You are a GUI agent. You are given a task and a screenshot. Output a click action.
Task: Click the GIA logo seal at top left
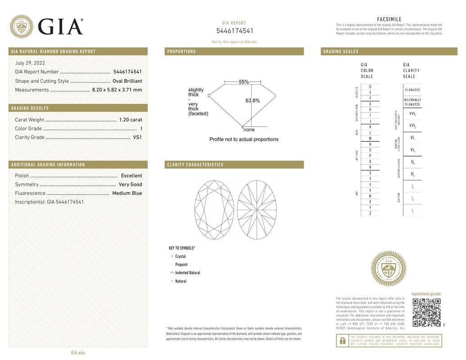tap(21, 27)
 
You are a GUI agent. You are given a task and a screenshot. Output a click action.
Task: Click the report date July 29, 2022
tap(30, 63)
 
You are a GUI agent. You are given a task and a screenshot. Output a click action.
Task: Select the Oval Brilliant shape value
tap(127, 81)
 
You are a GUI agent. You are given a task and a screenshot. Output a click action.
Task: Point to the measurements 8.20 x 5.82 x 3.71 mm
tap(117, 90)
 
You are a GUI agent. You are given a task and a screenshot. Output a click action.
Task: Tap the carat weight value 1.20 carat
tap(130, 120)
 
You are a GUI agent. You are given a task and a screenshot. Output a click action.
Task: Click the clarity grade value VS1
tap(137, 137)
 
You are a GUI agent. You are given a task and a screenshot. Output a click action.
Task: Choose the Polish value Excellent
tap(131, 176)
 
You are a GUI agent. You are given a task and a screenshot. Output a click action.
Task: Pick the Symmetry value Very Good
tap(130, 184)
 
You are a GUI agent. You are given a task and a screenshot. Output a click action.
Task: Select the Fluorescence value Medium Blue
tap(127, 193)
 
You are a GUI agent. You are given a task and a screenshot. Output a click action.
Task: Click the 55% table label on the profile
tap(244, 82)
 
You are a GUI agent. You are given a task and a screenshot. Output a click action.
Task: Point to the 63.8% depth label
tap(253, 101)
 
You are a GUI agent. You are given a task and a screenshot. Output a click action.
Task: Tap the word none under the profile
tap(249, 130)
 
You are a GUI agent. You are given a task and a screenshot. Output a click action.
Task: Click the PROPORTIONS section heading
tap(181, 52)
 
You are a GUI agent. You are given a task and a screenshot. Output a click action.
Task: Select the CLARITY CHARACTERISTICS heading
tap(195, 165)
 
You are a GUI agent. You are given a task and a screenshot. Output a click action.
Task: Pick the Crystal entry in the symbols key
tap(180, 256)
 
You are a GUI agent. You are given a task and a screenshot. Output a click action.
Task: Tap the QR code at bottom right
tap(426, 312)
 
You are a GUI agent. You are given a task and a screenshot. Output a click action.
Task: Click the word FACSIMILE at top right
tap(389, 19)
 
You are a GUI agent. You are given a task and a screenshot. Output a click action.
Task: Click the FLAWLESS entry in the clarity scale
tap(412, 90)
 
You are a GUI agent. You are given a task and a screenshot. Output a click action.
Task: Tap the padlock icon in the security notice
tap(342, 341)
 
